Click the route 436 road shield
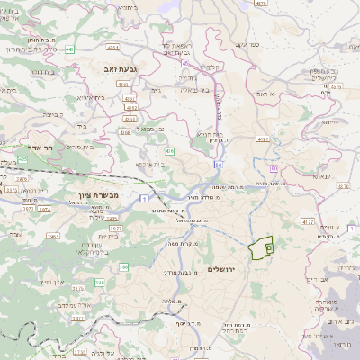169,154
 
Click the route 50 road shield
218,166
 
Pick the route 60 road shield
274,167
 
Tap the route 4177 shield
308,220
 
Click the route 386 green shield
123,266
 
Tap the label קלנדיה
211,67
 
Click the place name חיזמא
328,121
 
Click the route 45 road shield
184,64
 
